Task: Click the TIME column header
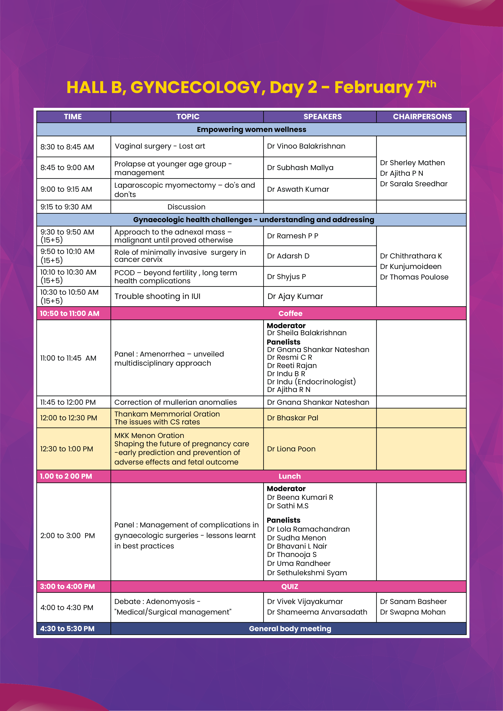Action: coord(73,117)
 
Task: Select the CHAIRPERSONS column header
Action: coord(422,117)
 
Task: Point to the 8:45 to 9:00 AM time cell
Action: coord(67,168)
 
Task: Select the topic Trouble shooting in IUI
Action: coord(157,296)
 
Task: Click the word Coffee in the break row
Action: coord(290,313)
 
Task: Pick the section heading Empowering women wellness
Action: coord(251,130)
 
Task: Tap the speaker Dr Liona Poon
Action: coord(291,449)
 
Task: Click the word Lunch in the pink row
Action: coord(289,476)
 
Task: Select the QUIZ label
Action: coord(289,587)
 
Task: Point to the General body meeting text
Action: coord(290,629)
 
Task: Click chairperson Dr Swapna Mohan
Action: coord(413,612)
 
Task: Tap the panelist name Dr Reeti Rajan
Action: coord(292,366)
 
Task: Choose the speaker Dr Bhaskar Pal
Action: coord(292,418)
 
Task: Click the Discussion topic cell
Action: coord(186,207)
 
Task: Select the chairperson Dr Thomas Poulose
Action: coord(414,277)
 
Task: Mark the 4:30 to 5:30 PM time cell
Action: coord(67,629)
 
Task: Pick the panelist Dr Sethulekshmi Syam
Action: coord(307,573)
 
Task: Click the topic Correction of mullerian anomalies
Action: coord(175,402)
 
